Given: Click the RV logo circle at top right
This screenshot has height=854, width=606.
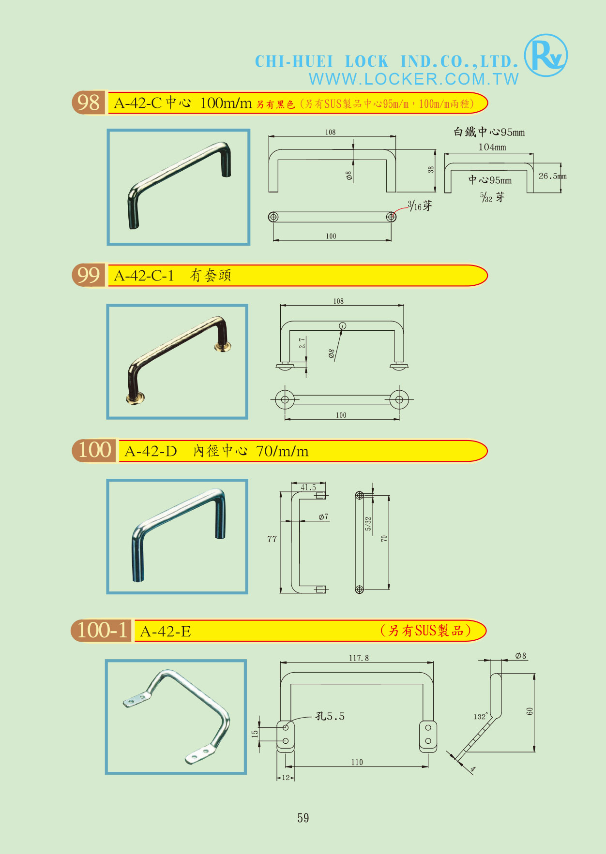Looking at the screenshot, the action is tap(546, 55).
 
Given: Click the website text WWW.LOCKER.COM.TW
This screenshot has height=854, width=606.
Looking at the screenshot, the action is tap(414, 79).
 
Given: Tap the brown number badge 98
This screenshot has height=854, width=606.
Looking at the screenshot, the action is tap(89, 103).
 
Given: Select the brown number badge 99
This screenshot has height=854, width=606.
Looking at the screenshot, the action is tap(89, 275).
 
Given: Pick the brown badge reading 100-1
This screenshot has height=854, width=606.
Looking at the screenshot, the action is tap(101, 630).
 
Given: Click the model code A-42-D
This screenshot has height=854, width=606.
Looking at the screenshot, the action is tap(151, 451).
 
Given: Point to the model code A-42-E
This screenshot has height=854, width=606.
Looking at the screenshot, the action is tap(166, 631).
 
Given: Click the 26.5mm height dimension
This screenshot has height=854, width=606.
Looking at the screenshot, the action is tap(552, 176).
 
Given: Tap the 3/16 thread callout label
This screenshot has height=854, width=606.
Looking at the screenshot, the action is tap(419, 206).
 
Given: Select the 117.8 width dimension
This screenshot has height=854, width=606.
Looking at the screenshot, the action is tap(359, 658).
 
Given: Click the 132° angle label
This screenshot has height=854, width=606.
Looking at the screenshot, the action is tap(481, 717).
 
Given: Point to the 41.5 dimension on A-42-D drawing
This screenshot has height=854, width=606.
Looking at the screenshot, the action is tap(308, 487).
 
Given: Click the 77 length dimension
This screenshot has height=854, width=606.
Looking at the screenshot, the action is tap(272, 539).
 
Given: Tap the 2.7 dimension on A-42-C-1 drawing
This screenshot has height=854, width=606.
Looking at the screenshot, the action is tap(302, 343).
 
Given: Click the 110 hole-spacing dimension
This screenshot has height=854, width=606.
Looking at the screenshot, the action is tap(357, 762).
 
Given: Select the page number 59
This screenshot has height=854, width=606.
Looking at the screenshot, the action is tap(303, 818).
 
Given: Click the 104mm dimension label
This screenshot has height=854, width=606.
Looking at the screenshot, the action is tap(492, 147).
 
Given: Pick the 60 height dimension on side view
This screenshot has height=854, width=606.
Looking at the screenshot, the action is tap(530, 711).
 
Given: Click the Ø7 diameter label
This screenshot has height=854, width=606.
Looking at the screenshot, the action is tap(323, 517).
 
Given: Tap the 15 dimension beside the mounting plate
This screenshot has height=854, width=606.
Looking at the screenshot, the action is tap(255, 734).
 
